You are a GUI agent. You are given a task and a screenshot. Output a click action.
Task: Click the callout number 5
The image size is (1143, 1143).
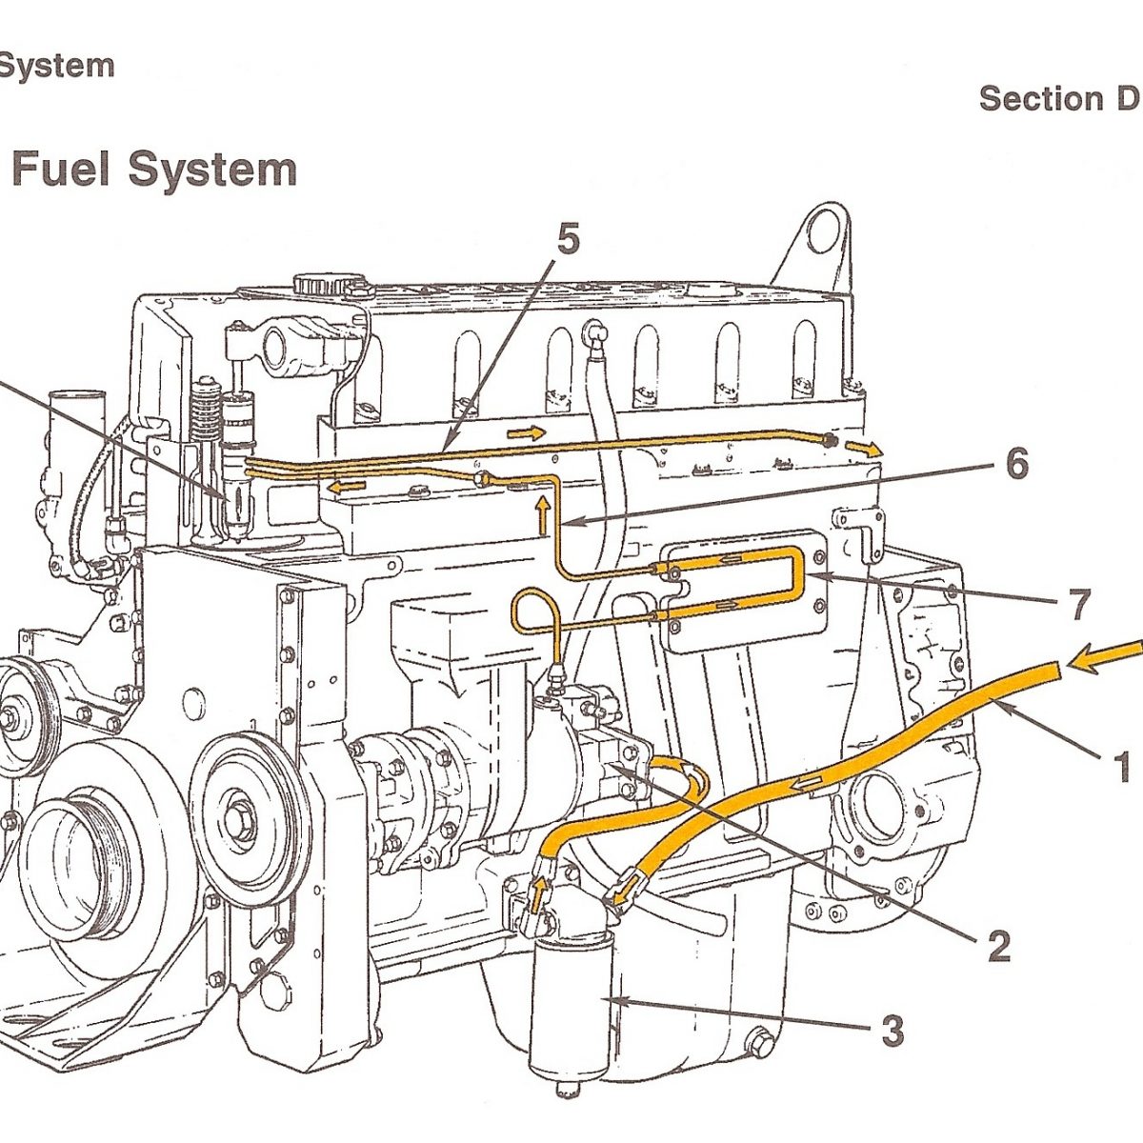coord(568,240)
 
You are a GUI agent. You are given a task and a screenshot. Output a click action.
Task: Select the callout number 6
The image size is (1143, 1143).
coord(1016,464)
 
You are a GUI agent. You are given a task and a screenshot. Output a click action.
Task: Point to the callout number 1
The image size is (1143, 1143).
coord(1121,766)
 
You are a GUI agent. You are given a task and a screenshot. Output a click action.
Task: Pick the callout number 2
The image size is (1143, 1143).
coord(997,945)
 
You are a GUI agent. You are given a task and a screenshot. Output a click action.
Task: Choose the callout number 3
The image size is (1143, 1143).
coord(892,1031)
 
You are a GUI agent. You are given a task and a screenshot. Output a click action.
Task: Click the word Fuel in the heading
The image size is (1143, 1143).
coord(61,170)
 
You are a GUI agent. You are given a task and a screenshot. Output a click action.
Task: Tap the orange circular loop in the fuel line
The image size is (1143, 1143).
coord(532,610)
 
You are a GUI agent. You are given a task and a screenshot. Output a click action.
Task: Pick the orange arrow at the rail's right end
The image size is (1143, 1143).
coord(865,448)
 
